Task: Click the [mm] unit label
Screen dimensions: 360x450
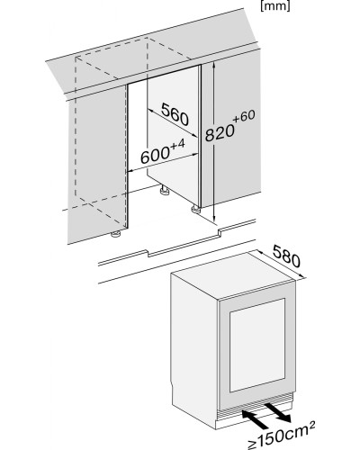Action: pos(275,6)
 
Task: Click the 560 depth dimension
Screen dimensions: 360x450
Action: pos(175,114)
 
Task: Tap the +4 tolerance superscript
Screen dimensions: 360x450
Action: pos(177,144)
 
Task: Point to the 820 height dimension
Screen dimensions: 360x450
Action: pos(220,132)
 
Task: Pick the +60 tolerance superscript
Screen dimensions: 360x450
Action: pos(244,116)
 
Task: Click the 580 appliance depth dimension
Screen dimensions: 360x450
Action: pos(287,256)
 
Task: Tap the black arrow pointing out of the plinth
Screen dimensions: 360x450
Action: pos(277,412)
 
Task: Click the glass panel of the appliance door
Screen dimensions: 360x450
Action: pos(257,345)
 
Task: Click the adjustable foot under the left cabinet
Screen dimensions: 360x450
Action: pos(116,234)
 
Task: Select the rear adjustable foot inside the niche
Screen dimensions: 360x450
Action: pos(164,190)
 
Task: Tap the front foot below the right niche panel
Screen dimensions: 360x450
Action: pos(195,209)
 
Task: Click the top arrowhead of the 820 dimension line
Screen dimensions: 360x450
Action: pos(214,67)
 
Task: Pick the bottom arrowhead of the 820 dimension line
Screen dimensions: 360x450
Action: pos(214,218)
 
